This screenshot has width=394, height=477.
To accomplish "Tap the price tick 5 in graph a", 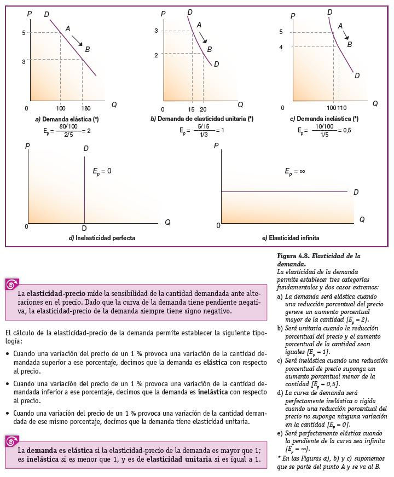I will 24,33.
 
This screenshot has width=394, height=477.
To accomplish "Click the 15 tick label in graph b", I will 192,109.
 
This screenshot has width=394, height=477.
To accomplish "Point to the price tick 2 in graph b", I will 156,55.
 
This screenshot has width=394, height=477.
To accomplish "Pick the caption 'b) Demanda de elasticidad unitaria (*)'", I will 202,119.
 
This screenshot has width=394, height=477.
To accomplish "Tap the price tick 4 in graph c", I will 281,47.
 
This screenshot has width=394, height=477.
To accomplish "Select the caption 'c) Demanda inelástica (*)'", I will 324,119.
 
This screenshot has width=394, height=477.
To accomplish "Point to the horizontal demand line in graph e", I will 285,191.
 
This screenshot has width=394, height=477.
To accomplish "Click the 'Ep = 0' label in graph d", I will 102,171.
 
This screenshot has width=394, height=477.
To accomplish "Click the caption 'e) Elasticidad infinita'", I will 291,238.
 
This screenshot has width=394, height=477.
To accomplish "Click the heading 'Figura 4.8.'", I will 296,256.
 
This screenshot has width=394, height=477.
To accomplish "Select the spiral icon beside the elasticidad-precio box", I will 11,284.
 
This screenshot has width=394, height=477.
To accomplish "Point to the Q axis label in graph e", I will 362,219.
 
